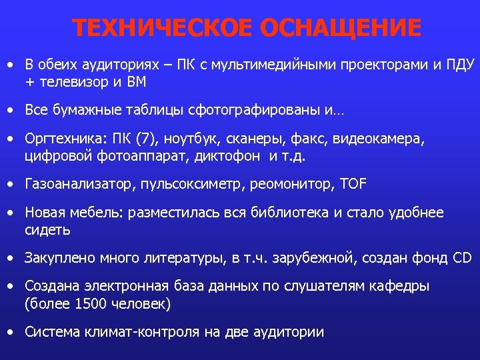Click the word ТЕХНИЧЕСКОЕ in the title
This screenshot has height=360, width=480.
pos(163,28)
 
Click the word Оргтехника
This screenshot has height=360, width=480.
pos(62,140)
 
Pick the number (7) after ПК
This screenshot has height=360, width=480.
pos(145,140)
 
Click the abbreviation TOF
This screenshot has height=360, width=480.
pos(353,183)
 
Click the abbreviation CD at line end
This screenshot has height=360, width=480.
pos(462,258)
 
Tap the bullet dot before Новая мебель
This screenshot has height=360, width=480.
pos(11,213)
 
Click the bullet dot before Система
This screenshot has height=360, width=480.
pos(11,331)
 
